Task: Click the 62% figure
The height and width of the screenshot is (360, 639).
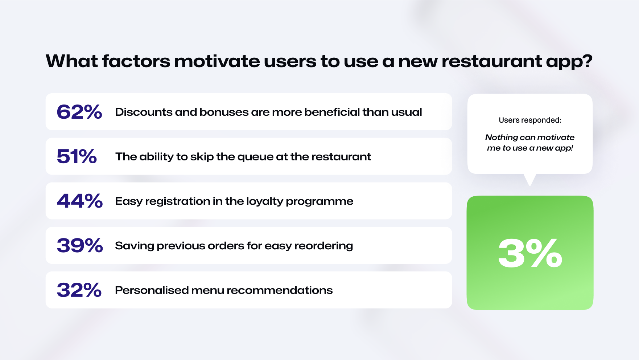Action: pos(79,112)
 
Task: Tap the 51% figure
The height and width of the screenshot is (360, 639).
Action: pos(77,156)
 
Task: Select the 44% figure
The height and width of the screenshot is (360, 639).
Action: pos(80,201)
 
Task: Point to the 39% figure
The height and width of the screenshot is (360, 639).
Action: pos(80,246)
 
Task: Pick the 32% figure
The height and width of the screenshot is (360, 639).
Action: pos(79,290)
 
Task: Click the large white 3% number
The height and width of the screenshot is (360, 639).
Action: pos(530,253)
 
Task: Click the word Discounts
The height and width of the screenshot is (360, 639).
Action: pos(144,112)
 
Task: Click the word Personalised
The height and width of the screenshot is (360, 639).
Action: pos(152,290)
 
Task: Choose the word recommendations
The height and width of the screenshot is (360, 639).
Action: pos(280,290)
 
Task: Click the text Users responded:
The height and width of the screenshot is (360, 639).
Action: pos(530,120)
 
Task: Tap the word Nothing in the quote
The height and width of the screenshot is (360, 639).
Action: pos(502,138)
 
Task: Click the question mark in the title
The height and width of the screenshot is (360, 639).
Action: pos(587,61)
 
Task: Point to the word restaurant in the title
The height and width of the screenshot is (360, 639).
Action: pos(491,61)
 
